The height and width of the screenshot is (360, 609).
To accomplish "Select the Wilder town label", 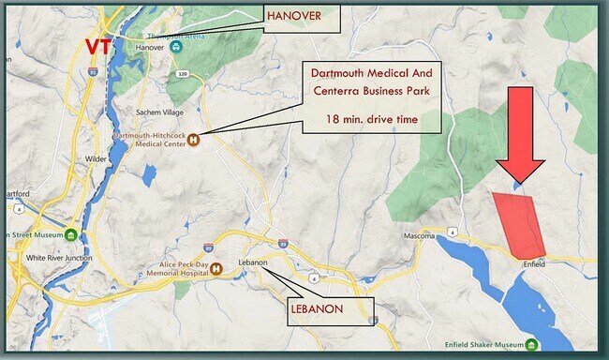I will [x=97, y=159].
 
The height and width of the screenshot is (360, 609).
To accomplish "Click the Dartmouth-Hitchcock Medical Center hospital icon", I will [x=194, y=141].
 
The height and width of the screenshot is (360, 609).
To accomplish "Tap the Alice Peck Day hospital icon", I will [x=216, y=269].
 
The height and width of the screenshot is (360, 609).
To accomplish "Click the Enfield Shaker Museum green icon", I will [x=531, y=344].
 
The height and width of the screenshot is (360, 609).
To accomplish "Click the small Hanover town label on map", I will [x=150, y=47].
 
